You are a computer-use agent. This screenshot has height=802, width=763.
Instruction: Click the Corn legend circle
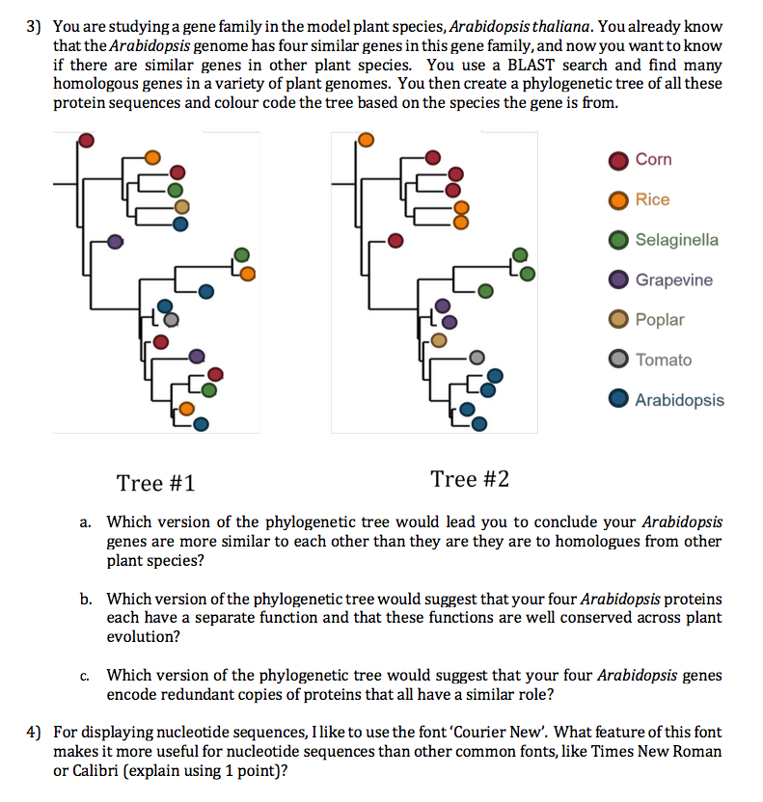(619, 160)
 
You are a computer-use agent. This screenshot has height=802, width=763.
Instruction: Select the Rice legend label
(652, 200)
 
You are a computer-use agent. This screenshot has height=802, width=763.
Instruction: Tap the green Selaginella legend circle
(619, 240)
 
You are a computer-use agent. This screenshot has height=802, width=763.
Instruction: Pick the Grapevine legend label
(674, 280)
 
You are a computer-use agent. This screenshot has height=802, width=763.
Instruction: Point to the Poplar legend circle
(619, 320)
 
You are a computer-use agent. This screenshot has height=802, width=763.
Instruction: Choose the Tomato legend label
(664, 360)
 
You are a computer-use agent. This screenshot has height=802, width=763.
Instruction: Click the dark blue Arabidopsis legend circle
(619, 400)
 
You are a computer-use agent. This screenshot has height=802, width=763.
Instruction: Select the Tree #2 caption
(470, 479)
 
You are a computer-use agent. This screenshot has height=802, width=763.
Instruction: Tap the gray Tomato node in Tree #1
(172, 318)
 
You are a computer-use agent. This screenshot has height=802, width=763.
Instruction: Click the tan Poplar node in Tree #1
(181, 205)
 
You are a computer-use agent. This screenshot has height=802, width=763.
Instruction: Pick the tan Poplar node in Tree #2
(439, 339)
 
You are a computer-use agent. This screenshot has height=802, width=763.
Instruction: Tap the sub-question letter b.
(87, 600)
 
